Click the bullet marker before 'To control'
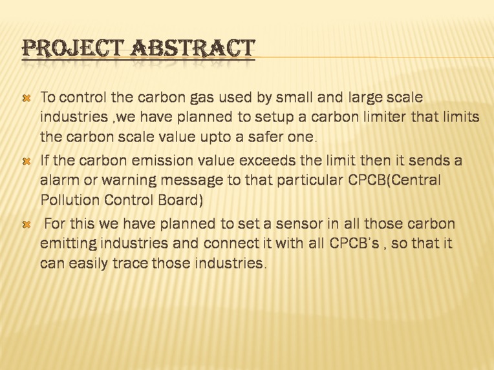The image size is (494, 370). (27, 99)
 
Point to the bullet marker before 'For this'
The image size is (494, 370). (27, 225)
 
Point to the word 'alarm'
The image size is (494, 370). (60, 180)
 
